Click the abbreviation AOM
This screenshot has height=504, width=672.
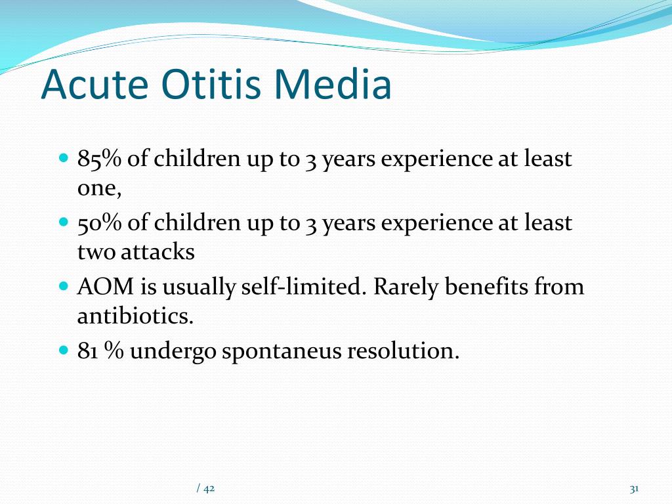106,286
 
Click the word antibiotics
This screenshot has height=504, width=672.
135,316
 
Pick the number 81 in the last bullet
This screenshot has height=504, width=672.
87,350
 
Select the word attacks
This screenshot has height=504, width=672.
157,251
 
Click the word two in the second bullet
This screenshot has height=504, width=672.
96,253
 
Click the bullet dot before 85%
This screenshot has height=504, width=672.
64,158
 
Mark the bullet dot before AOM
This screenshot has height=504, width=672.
64,286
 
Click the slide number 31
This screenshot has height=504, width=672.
635,488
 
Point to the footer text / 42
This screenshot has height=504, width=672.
205,488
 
